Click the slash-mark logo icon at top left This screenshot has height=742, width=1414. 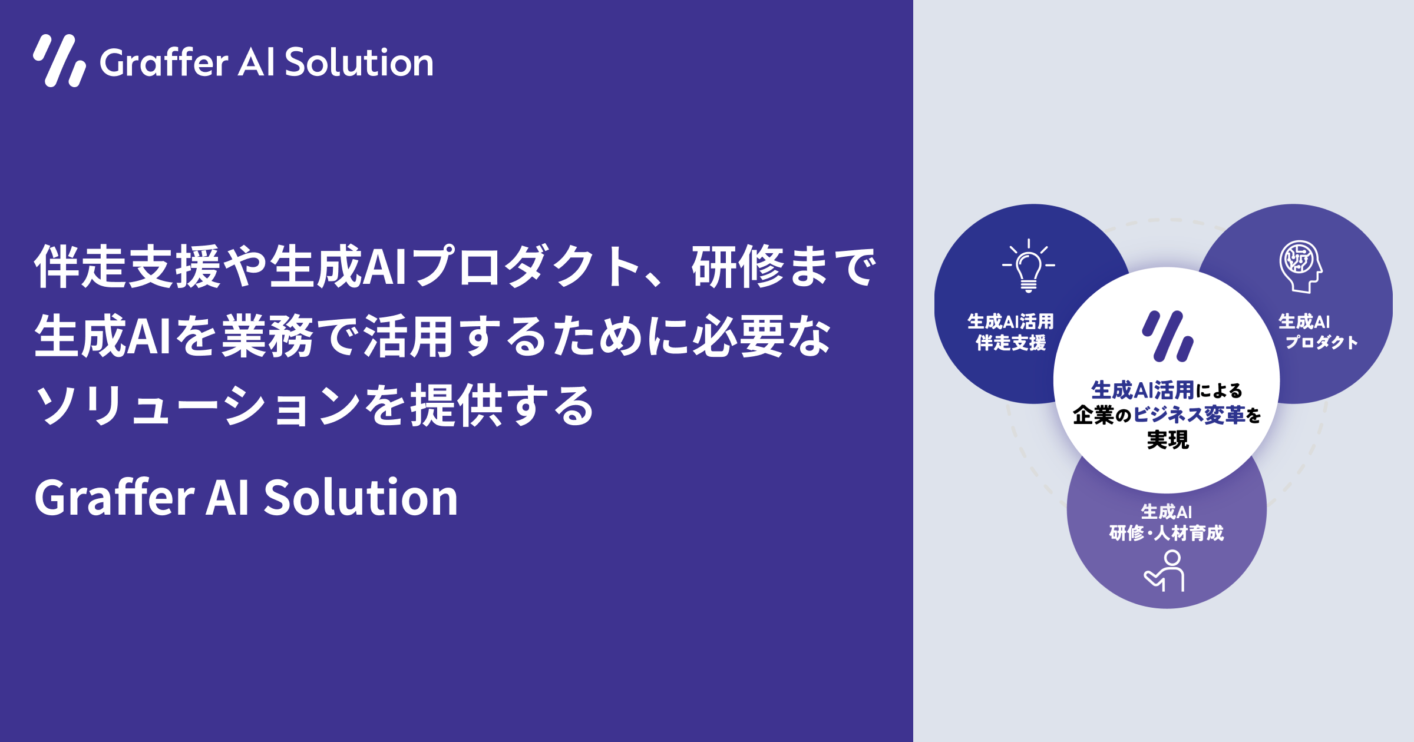click(60, 61)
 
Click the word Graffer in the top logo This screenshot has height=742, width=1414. click(164, 62)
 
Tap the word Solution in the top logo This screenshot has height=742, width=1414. click(359, 62)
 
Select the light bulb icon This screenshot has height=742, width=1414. click(1029, 266)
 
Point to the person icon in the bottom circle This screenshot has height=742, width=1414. click(1166, 571)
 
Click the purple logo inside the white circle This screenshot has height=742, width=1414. click(1167, 336)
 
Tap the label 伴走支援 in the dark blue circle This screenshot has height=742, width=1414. click(1011, 343)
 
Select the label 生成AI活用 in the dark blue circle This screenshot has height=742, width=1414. click(1011, 322)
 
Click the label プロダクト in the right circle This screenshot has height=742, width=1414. click(1322, 343)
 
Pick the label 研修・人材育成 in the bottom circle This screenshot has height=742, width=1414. click(1167, 533)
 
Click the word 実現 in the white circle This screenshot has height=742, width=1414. click(1168, 440)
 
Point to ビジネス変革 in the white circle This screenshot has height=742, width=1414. click(1189, 415)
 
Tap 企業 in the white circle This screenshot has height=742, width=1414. click(1093, 415)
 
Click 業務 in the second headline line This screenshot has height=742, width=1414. click(267, 336)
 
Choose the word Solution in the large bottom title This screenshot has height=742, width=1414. click(361, 498)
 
